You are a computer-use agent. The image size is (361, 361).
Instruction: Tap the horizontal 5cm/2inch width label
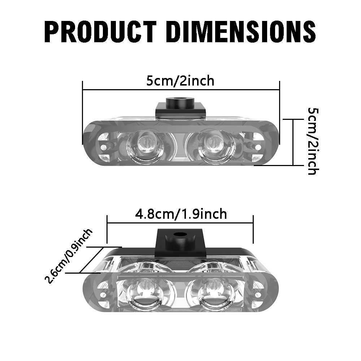point(180,81)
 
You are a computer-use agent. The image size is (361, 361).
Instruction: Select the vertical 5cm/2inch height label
point(312,141)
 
